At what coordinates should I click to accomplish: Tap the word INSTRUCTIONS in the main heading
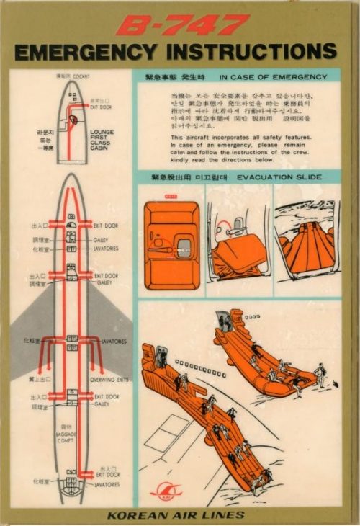[248, 53]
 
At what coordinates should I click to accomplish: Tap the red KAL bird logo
[166, 493]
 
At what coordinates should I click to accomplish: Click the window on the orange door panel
[184, 246]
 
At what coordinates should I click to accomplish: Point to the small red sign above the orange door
[171, 195]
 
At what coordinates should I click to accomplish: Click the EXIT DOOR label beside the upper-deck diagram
[101, 107]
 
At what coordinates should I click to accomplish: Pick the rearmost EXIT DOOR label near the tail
[107, 476]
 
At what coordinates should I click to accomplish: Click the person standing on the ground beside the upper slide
[319, 373]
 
